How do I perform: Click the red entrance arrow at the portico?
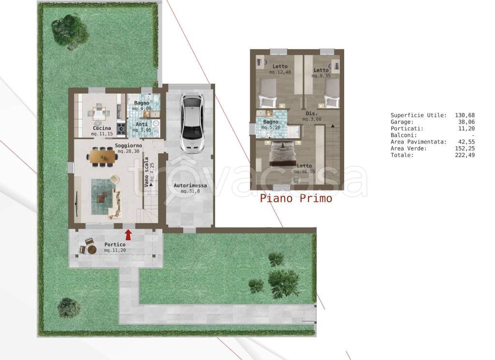pos(128,235)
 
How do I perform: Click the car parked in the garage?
pos(192,123)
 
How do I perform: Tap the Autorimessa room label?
pos(190,186)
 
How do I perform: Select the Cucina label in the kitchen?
pos(102,128)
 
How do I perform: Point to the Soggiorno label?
pos(128,145)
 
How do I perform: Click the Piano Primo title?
pos(296,199)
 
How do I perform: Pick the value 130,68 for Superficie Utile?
pos(465,115)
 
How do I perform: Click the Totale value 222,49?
pos(465,155)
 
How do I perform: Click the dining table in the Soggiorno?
pos(102,157)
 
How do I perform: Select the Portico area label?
pos(115,245)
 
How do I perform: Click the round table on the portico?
pos(92,250)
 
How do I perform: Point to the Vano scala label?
pos(146,173)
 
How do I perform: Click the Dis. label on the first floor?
pos(312,113)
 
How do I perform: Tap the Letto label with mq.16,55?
pos(305,166)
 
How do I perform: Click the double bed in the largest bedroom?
pos(282,153)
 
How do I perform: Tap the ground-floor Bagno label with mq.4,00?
pos(142,103)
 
